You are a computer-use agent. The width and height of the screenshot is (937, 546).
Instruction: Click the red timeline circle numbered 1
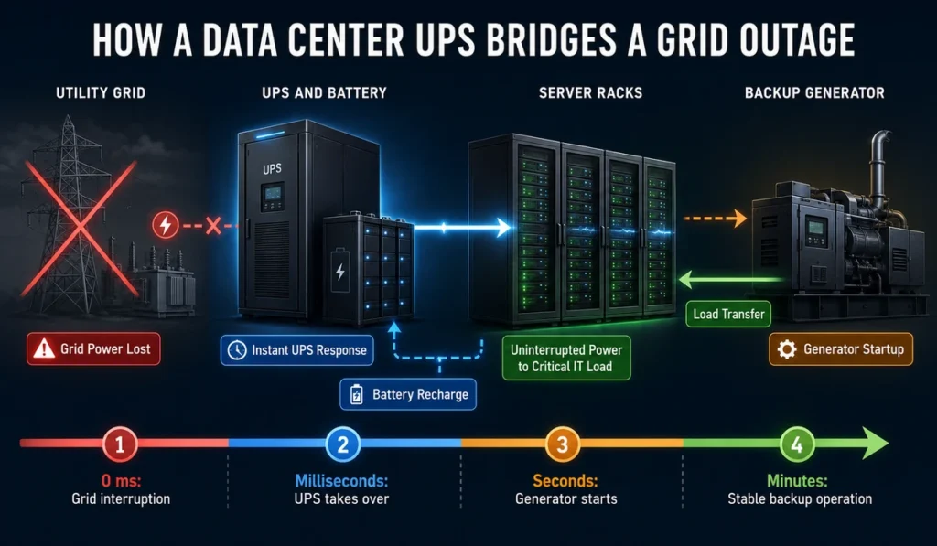click(x=120, y=444)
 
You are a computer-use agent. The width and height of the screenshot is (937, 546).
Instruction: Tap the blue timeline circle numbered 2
click(x=342, y=444)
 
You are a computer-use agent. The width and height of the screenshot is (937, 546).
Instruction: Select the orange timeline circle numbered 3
click(x=563, y=444)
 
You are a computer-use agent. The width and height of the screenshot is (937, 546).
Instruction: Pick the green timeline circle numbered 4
click(x=797, y=444)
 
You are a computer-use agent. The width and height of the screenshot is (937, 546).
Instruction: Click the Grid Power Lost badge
click(x=93, y=348)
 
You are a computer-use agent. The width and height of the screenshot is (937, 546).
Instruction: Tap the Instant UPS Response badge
click(x=297, y=350)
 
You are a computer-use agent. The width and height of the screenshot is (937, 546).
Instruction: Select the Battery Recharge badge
click(x=408, y=394)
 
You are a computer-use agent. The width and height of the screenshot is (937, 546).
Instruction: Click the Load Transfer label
click(x=728, y=315)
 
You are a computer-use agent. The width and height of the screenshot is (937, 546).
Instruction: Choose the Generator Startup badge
click(x=841, y=348)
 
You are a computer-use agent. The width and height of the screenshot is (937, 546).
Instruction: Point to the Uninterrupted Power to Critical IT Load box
click(x=566, y=358)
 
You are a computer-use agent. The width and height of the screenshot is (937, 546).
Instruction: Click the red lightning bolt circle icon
click(x=166, y=225)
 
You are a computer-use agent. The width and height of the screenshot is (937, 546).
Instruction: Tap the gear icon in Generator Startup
click(x=786, y=348)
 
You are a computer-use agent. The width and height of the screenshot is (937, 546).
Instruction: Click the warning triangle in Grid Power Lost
click(x=44, y=348)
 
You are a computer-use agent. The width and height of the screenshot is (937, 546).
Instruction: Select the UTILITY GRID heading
click(x=101, y=92)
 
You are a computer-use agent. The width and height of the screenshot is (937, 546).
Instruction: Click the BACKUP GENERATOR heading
click(x=814, y=92)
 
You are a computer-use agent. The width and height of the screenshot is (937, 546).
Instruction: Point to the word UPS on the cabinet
click(x=272, y=169)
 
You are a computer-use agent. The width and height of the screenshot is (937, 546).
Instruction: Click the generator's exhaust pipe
click(x=878, y=167)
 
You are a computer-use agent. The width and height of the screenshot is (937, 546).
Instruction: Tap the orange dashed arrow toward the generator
click(x=715, y=219)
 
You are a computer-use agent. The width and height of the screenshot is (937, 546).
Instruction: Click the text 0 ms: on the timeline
click(x=121, y=480)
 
